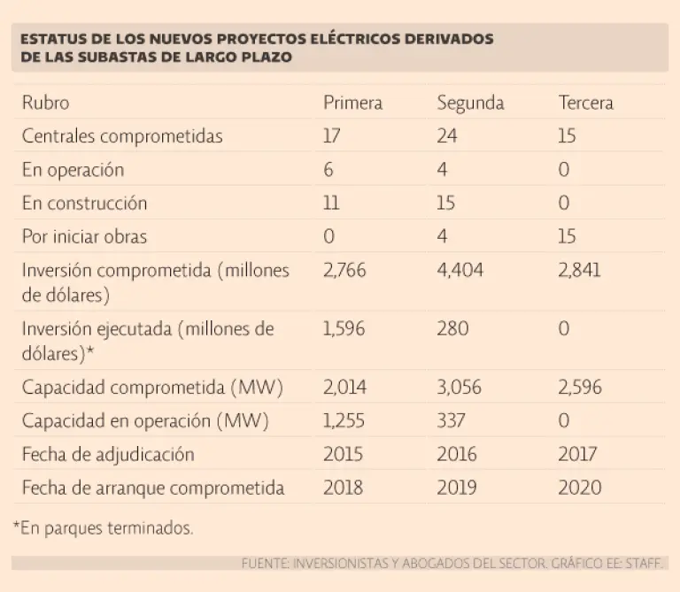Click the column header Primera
coord(352,103)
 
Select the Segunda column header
coord(470,103)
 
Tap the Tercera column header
coord(585,103)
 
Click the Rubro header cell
coord(45,103)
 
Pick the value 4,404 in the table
coord(460,270)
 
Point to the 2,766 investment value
coord(344,270)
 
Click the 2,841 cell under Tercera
coord(579,270)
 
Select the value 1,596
coord(344,329)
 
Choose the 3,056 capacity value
coord(460,388)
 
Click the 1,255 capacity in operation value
coord(344,421)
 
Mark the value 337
coord(452,421)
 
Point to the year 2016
coord(457,455)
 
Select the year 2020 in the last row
coord(580,488)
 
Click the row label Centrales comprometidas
coord(121,136)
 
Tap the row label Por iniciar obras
coord(84,236)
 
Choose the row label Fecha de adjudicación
coord(108,455)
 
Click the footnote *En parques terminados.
coord(103,528)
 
